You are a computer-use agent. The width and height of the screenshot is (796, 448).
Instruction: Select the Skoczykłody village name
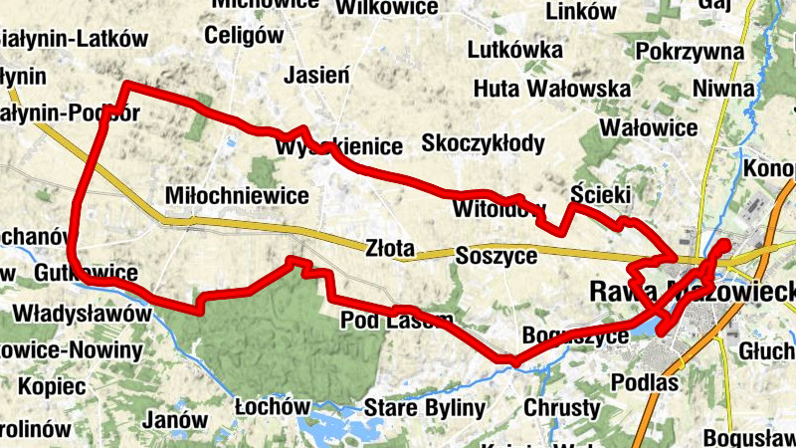tap(484, 143)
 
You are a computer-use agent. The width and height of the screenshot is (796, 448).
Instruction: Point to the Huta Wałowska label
tap(537, 88)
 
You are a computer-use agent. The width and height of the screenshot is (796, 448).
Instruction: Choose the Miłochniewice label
tap(239, 195)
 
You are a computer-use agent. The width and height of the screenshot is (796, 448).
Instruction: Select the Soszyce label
tap(496, 256)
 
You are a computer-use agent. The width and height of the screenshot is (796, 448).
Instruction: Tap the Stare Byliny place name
tap(425, 408)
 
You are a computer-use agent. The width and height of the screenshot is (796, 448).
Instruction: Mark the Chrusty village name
tap(562, 408)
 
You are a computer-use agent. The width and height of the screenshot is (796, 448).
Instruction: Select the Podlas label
tap(646, 383)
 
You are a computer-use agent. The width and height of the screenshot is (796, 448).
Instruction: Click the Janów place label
tap(174, 420)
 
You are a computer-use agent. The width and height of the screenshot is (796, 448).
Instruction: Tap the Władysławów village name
tap(82, 315)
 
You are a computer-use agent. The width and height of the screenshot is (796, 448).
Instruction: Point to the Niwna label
tap(724, 90)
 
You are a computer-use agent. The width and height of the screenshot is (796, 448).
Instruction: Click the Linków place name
tap(582, 13)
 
